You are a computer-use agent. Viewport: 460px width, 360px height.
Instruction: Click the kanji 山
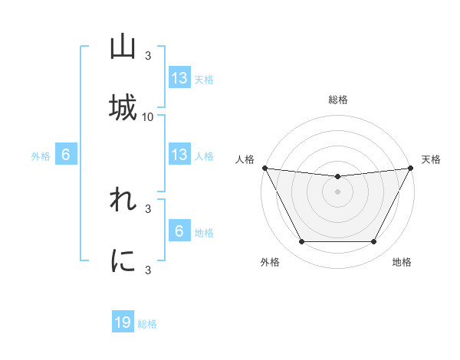123,47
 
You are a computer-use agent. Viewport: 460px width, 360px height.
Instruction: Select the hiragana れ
123,201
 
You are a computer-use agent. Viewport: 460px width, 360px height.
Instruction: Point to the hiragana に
123,261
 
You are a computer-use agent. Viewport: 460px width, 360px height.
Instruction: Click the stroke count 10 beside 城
148,116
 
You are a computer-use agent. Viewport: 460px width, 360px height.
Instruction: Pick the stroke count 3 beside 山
148,55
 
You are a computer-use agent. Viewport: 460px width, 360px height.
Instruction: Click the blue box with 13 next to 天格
179,78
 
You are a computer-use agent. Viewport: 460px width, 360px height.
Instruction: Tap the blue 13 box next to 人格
179,155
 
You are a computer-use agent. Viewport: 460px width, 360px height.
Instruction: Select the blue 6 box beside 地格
179,231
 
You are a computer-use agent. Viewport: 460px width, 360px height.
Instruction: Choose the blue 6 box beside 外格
66,155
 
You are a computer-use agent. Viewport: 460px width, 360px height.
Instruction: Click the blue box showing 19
123,323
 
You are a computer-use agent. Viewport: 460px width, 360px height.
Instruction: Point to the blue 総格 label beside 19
147,324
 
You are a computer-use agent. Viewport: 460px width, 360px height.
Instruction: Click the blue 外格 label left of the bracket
41,155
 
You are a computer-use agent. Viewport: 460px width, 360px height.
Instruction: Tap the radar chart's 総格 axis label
338,100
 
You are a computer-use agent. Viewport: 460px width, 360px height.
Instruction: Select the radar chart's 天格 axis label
432,159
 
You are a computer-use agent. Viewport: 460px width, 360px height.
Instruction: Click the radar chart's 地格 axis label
402,262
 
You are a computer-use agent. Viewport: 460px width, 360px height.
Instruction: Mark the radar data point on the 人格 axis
264,168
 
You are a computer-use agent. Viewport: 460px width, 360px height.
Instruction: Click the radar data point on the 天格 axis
411,168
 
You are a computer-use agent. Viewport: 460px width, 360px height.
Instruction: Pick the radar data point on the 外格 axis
301,242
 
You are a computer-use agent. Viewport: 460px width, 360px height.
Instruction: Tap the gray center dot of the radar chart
338,191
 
